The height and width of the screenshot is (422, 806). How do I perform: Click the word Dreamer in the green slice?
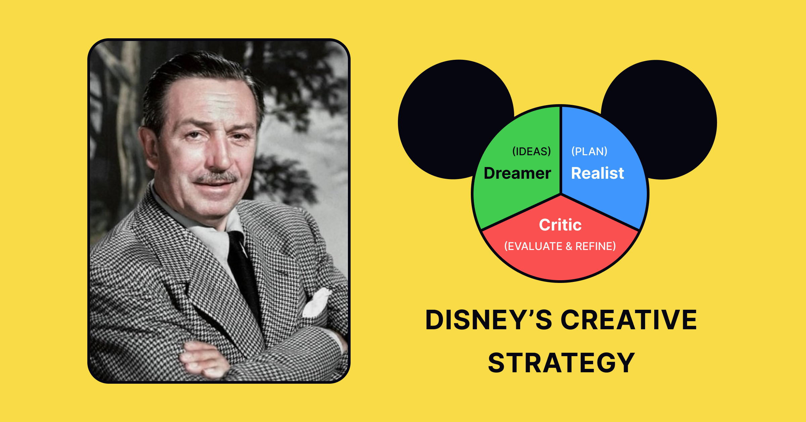pyautogui.click(x=517, y=173)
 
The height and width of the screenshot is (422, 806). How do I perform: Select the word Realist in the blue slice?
pyautogui.click(x=597, y=173)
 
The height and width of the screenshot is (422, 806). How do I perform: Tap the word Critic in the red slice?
pyautogui.click(x=560, y=225)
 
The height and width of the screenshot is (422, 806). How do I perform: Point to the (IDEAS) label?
pyautogui.click(x=531, y=152)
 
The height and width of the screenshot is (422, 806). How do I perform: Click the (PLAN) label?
pyautogui.click(x=589, y=151)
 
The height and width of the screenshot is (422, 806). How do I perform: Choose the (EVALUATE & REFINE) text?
pyautogui.click(x=560, y=246)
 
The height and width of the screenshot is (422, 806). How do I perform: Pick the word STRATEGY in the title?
pyautogui.click(x=561, y=363)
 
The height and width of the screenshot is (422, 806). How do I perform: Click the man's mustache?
pyautogui.click(x=217, y=177)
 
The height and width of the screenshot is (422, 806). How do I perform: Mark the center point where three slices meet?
pyautogui.click(x=561, y=194)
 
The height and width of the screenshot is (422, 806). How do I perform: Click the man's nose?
pyautogui.click(x=218, y=155)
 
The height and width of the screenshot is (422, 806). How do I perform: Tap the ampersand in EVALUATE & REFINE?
pyautogui.click(x=569, y=246)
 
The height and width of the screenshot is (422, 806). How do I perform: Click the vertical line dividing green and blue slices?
pyautogui.click(x=561, y=151)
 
